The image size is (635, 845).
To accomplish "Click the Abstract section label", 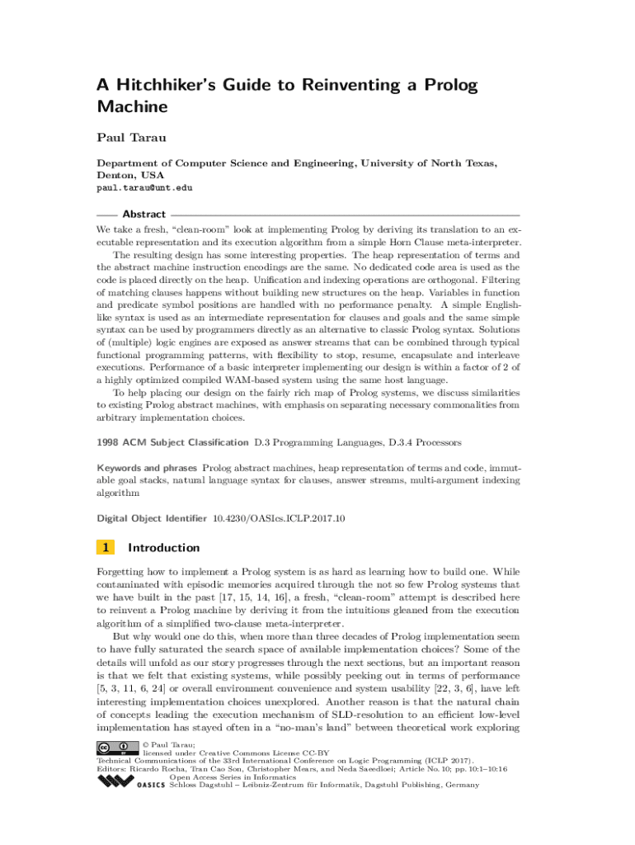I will pos(143,214).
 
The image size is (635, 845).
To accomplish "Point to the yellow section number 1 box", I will pos(105,547).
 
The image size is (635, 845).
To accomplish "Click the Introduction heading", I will pos(164,547).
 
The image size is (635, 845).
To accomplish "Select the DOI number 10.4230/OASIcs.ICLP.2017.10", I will pos(279,518).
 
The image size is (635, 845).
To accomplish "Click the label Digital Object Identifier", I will pos(152,518).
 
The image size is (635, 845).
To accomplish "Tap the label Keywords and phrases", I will pos(147,467).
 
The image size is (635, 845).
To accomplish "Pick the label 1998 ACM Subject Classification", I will pos(172,443).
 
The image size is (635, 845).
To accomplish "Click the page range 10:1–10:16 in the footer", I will pos(482,768).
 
